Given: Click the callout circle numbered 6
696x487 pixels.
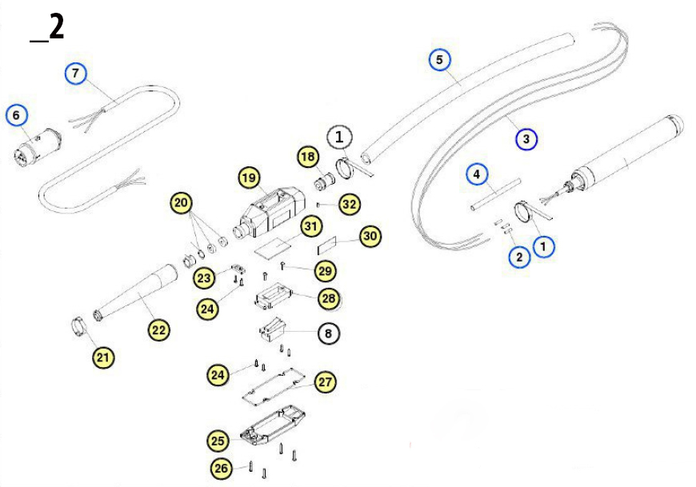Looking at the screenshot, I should coord(15,115).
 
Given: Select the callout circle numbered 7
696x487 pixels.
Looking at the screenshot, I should coord(75,74).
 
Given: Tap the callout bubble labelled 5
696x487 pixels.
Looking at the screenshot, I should coord(439,58).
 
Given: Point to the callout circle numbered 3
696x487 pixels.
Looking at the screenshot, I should coord(526,139).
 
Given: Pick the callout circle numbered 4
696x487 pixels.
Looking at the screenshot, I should coord(476,174).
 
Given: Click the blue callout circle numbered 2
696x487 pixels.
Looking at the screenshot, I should coord(519,257).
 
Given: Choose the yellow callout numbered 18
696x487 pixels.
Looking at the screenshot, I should coord(308,157).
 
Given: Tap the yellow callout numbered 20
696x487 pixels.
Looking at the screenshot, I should coord(182,203).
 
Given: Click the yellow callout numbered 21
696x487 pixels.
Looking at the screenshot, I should coord(102,357).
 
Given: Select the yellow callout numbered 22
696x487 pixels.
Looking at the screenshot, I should coord(159,329).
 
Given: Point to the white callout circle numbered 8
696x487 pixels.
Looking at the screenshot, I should coord(327,331).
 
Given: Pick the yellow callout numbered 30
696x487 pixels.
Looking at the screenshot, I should coord(370,236).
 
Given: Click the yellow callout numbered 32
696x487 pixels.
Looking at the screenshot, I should coord(349,204).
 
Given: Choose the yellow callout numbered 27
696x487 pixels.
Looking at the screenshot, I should coord(324,382).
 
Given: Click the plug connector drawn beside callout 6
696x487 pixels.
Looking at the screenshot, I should coord(35,146).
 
